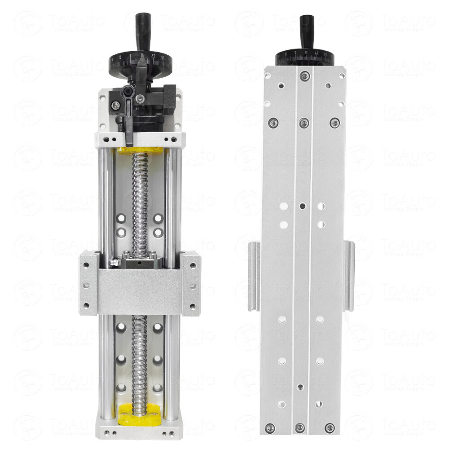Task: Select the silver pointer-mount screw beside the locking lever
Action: coord(116,105)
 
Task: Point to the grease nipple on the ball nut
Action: coord(114,262)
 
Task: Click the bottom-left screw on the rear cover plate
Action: coord(269,427)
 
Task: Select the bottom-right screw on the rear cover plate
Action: coord(330,428)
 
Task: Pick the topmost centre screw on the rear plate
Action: coord(304,75)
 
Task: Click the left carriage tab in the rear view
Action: coord(253,276)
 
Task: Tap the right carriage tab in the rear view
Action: coord(349,276)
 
